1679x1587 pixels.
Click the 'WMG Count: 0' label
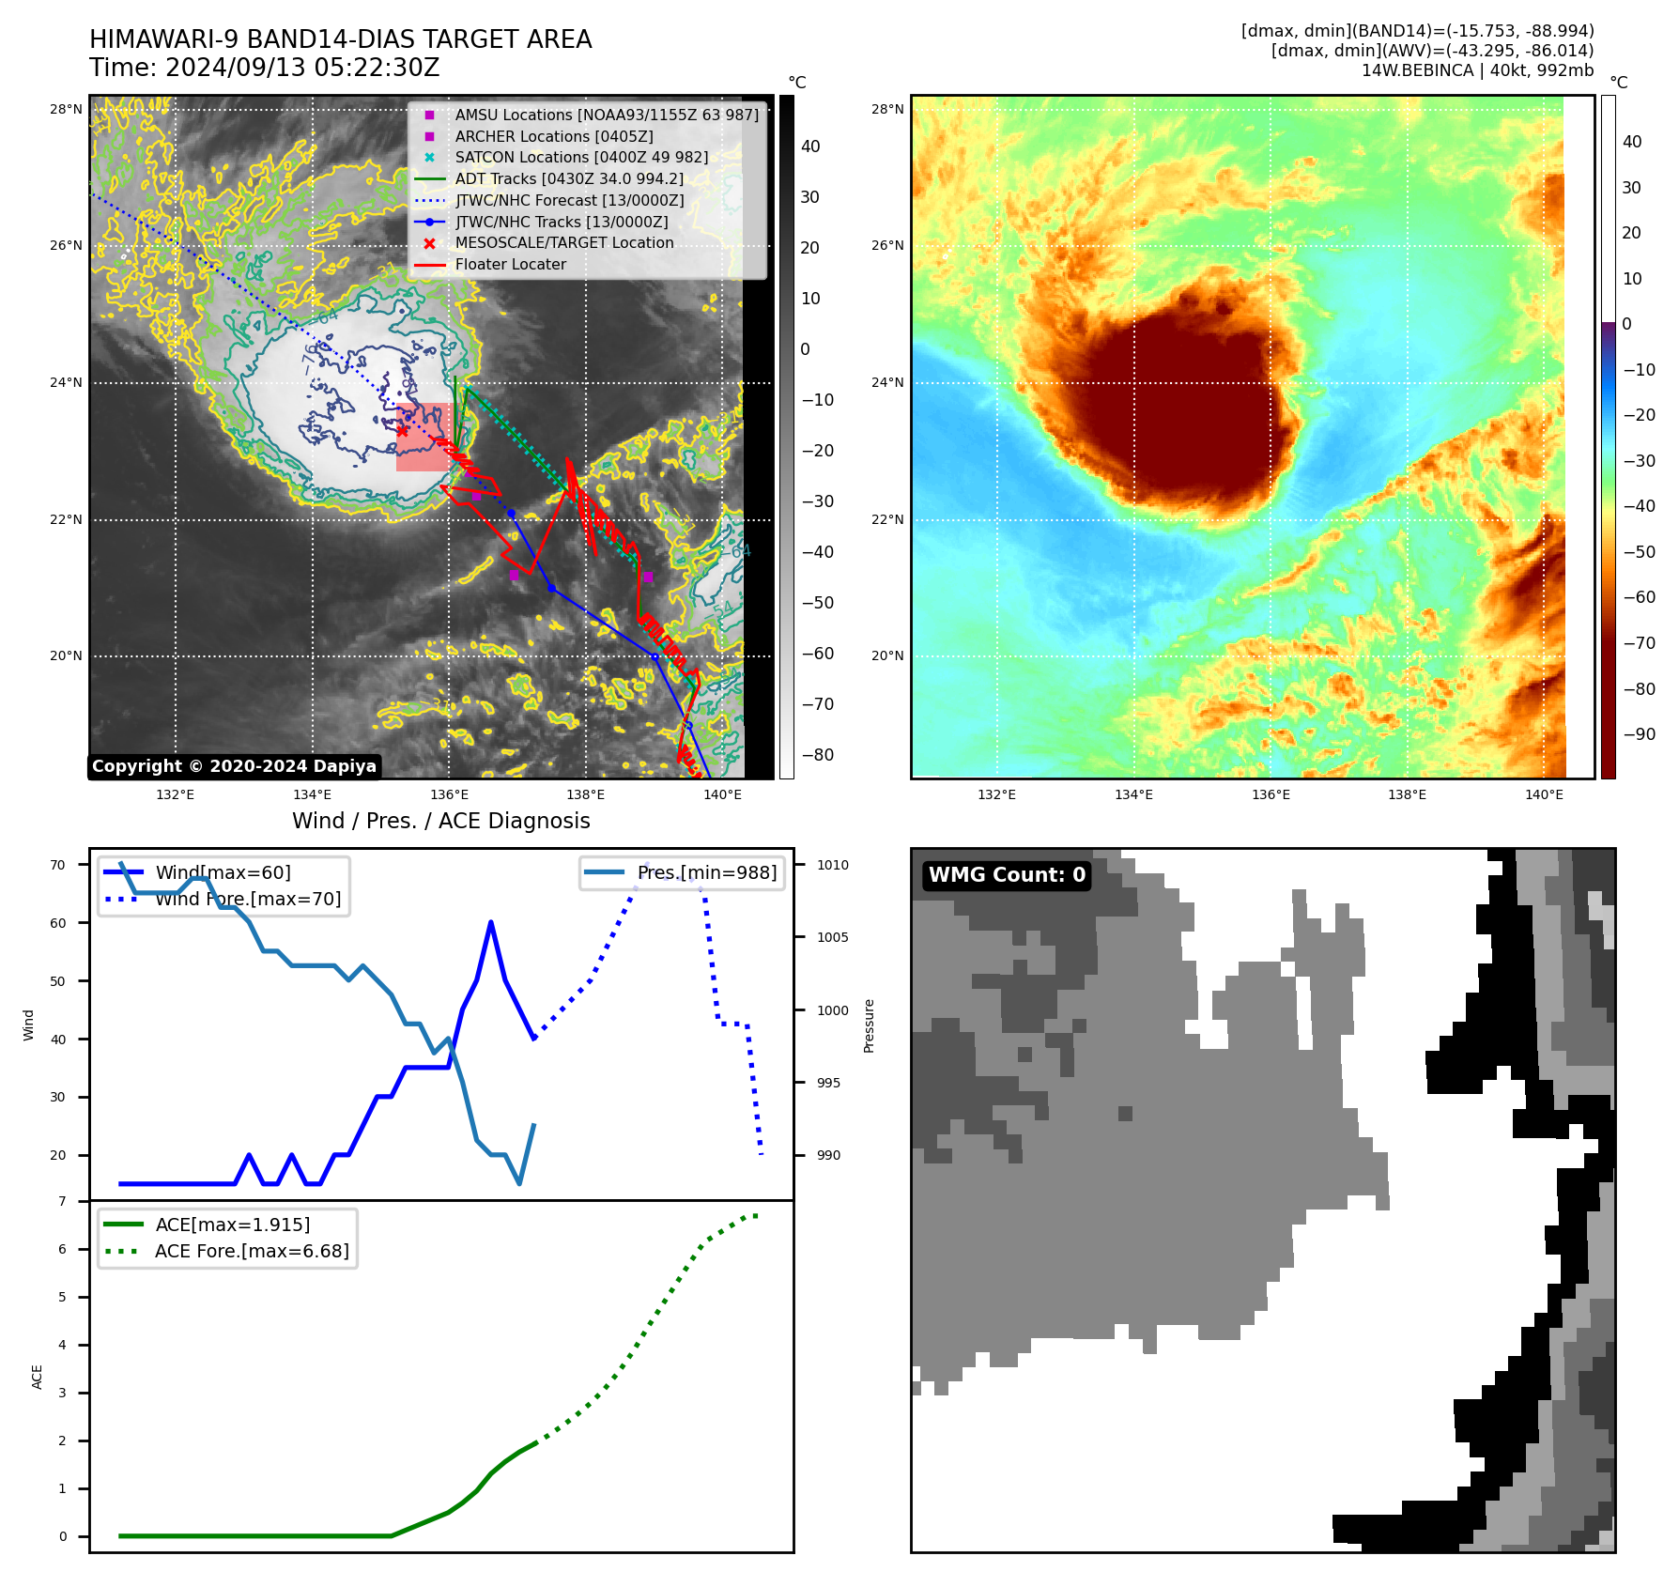click(1006, 875)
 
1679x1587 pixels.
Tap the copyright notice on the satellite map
click(234, 766)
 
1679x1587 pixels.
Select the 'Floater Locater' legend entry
click(510, 265)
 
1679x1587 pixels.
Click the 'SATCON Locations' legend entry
click(581, 158)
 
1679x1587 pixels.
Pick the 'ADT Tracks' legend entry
click(569, 178)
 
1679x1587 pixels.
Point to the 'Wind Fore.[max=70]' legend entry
click(248, 899)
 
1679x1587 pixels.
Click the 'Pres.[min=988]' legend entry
click(706, 872)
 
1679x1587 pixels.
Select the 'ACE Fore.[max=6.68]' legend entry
click(252, 1251)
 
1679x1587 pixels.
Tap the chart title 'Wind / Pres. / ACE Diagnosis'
click(440, 821)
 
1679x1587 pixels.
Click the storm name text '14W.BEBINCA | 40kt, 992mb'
click(1477, 70)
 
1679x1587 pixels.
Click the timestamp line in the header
click(264, 68)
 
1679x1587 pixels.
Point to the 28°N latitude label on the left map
click(66, 109)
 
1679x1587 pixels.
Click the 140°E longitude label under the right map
click(1544, 794)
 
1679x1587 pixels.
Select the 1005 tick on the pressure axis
click(832, 937)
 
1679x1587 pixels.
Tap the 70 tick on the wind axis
click(58, 865)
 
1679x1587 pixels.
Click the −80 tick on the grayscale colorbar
click(817, 755)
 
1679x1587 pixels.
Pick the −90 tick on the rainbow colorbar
click(1639, 734)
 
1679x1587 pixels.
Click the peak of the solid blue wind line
click(491, 922)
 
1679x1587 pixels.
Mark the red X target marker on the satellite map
click(402, 431)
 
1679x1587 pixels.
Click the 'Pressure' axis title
click(869, 1025)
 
